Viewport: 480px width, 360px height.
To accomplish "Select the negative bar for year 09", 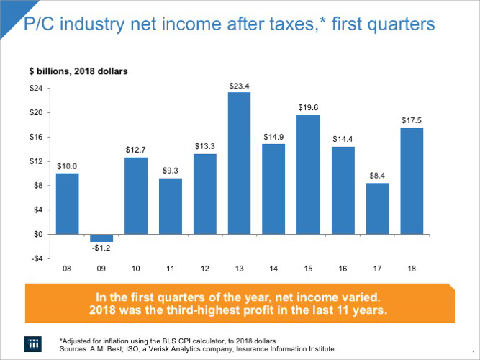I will [101, 238].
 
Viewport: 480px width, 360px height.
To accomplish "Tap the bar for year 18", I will [412, 181].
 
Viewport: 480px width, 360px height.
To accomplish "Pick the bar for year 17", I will [377, 209].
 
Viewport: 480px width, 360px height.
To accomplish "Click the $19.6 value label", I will [308, 107].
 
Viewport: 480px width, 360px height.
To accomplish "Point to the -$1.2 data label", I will [101, 248].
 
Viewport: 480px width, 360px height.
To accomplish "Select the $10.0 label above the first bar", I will [67, 166].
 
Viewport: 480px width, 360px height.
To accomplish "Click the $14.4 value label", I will [343, 138].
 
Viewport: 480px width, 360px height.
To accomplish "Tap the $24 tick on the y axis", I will [35, 89].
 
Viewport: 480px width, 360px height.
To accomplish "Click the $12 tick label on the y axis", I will [35, 161].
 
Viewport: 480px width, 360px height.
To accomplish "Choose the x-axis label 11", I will [171, 269].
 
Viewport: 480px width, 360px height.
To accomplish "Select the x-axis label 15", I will [308, 269].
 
